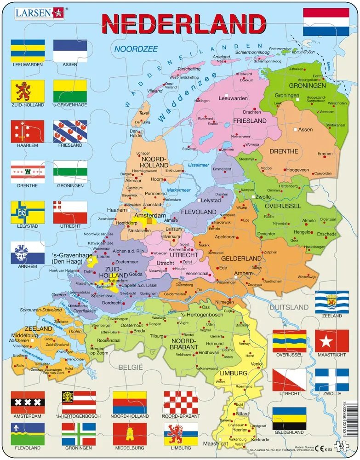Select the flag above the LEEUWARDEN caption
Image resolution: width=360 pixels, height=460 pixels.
28,50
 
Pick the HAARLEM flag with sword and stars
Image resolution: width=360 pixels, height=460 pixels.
28,132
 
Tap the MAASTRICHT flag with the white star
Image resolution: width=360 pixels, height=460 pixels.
332,341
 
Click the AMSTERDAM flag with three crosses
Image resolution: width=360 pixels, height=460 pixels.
28,402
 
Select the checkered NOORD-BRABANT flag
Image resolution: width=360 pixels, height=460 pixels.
181,402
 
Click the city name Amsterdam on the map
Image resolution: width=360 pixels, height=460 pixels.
149,215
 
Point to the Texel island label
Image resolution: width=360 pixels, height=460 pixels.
144,113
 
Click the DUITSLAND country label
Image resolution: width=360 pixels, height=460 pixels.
289,307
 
